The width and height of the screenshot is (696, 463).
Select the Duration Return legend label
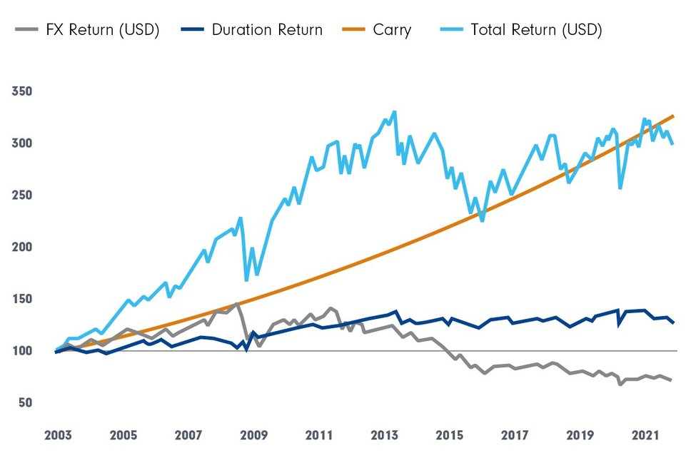tap(267, 30)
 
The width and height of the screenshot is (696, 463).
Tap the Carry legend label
tap(391, 30)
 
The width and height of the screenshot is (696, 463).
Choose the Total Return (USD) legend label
tap(537, 30)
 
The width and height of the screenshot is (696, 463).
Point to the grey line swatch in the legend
tap(26, 30)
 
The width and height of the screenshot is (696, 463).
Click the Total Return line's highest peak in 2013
tap(395, 112)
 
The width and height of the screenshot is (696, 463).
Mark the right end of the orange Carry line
tap(673, 116)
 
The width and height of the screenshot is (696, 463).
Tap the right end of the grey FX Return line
tap(671, 380)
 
